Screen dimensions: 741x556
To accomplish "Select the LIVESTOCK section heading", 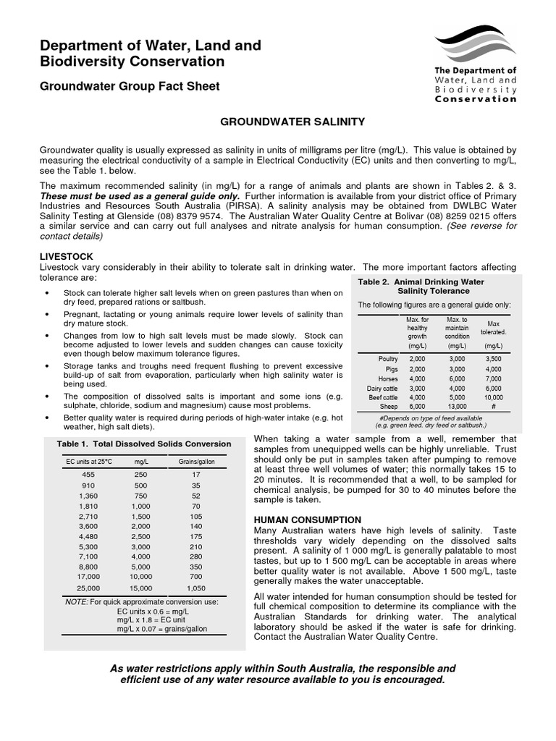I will tap(66, 257).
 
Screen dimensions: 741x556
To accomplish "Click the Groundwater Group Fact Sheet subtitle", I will tap(130, 86).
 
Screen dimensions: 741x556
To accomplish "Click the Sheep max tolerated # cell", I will tap(494, 407).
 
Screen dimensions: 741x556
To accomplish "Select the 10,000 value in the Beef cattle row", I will tap(494, 397).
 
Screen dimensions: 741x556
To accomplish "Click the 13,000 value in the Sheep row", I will tap(457, 407).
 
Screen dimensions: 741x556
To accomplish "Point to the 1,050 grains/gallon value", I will tap(196, 589).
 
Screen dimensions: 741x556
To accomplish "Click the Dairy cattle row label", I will tap(382, 388).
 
